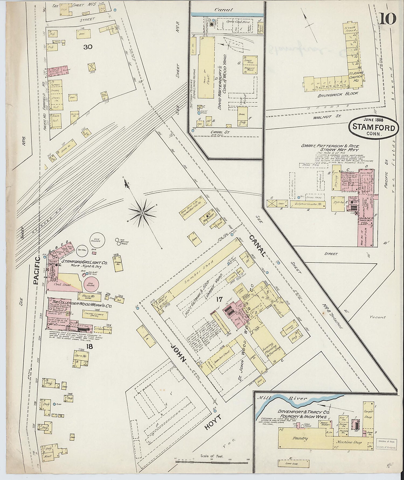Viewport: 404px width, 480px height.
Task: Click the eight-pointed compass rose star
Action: [142, 213]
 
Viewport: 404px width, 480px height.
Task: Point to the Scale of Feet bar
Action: [211, 462]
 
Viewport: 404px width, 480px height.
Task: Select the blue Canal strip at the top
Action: [227, 15]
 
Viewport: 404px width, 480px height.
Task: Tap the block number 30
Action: [88, 47]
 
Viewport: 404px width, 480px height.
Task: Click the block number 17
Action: [218, 299]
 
